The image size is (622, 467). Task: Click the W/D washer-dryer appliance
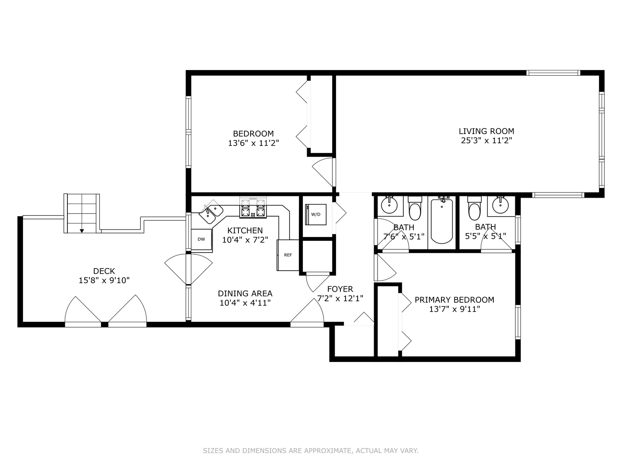click(316, 214)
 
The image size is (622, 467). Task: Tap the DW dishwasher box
click(201, 240)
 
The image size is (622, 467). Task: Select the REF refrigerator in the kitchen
click(288, 255)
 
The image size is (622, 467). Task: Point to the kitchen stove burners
click(253, 208)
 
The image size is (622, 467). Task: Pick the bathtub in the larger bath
click(441, 221)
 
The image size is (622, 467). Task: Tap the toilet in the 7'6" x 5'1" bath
click(415, 208)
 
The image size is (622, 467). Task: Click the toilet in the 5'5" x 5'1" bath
click(474, 208)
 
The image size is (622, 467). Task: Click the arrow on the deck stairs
click(82, 231)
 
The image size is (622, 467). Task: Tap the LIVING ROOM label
click(486, 131)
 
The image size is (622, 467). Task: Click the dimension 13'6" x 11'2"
click(254, 143)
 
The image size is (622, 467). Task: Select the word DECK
click(104, 271)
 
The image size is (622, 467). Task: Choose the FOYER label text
click(340, 289)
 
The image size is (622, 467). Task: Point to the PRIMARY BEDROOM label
click(454, 300)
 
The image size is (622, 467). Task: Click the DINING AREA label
click(245, 293)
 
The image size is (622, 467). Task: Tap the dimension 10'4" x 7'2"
click(245, 240)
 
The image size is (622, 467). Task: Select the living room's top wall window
click(553, 73)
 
